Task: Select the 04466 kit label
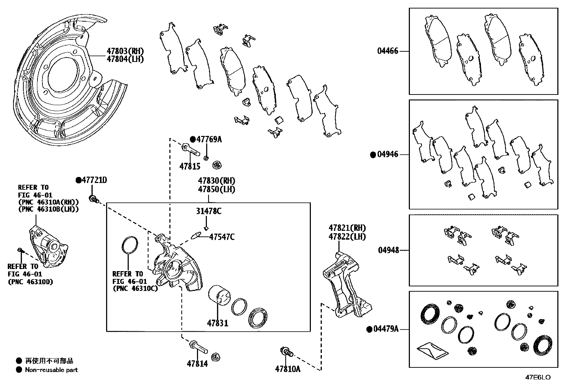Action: pyautogui.click(x=388, y=51)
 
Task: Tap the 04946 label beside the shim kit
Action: pyautogui.click(x=388, y=154)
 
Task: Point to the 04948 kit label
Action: pyautogui.click(x=388, y=250)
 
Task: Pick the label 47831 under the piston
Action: pyautogui.click(x=217, y=323)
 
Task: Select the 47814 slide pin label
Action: pyautogui.click(x=197, y=364)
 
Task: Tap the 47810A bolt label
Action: pyautogui.click(x=288, y=369)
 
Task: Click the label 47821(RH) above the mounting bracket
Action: pyautogui.click(x=347, y=228)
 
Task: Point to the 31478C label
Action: pyautogui.click(x=209, y=212)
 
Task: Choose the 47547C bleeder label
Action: pyautogui.click(x=222, y=237)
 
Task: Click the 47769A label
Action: pyautogui.click(x=209, y=139)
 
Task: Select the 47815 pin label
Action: pyautogui.click(x=190, y=166)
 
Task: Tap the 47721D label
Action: pyautogui.click(x=94, y=180)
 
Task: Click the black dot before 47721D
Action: pyautogui.click(x=79, y=181)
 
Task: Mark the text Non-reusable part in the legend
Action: pyautogui.click(x=51, y=370)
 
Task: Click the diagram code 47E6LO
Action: pyautogui.click(x=538, y=377)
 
